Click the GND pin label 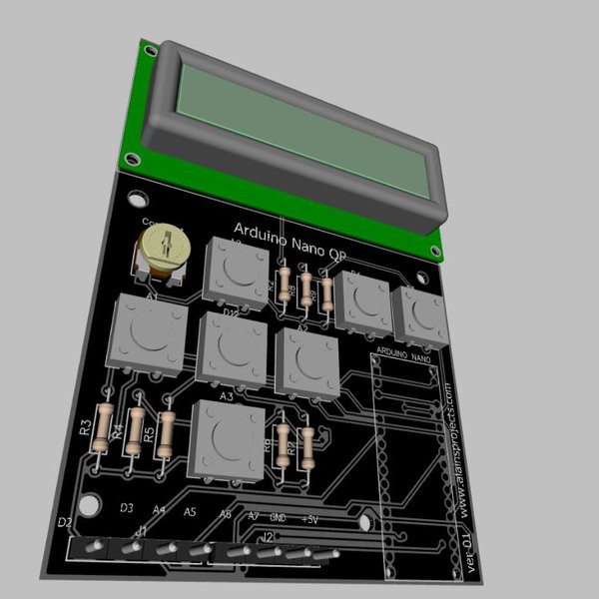(x=279, y=517)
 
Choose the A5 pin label (x=191, y=512)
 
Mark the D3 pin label (x=127, y=508)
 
